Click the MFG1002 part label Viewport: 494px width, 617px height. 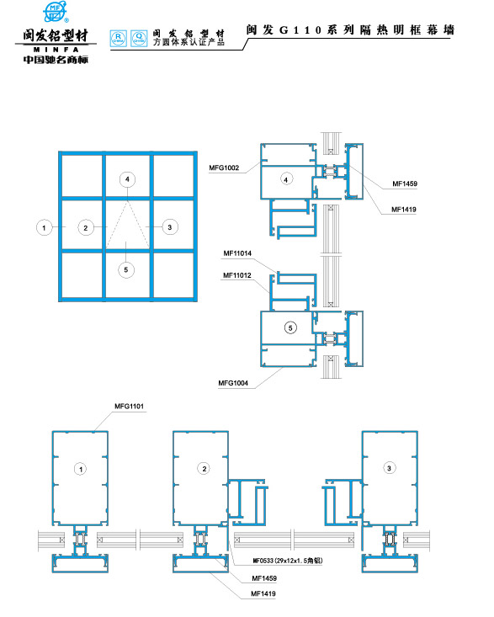click(224, 168)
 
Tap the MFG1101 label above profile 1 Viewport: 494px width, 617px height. click(129, 407)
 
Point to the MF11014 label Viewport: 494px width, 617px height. click(237, 253)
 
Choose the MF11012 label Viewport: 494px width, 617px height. click(237, 274)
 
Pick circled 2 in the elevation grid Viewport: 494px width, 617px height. click(83, 226)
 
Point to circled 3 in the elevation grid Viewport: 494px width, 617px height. click(169, 226)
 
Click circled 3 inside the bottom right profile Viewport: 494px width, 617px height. click(388, 468)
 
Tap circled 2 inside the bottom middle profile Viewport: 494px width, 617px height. click(203, 468)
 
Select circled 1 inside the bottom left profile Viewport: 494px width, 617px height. click(80, 468)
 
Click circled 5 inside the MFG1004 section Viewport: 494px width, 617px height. click(290, 327)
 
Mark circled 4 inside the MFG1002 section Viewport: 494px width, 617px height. click(286, 179)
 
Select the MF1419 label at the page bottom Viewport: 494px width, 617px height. click(264, 594)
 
